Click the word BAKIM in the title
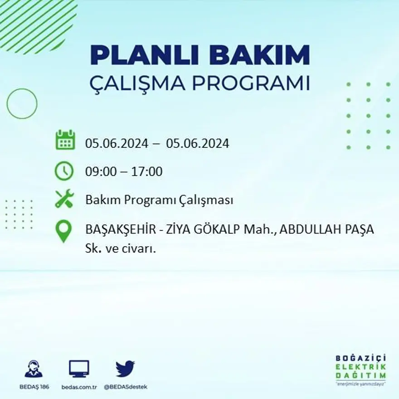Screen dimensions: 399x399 click(x=257, y=56)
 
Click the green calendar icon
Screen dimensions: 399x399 click(x=65, y=140)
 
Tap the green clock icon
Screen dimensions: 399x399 click(x=64, y=171)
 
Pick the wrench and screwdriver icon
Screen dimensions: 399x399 click(x=64, y=199)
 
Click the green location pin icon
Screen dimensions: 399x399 click(x=63, y=231)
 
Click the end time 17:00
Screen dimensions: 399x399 click(x=146, y=172)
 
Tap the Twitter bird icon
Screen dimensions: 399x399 click(x=125, y=369)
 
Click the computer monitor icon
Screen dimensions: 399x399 click(x=79, y=369)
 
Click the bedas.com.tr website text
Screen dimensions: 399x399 click(x=79, y=387)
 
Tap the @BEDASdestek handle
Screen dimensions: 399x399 click(x=126, y=387)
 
